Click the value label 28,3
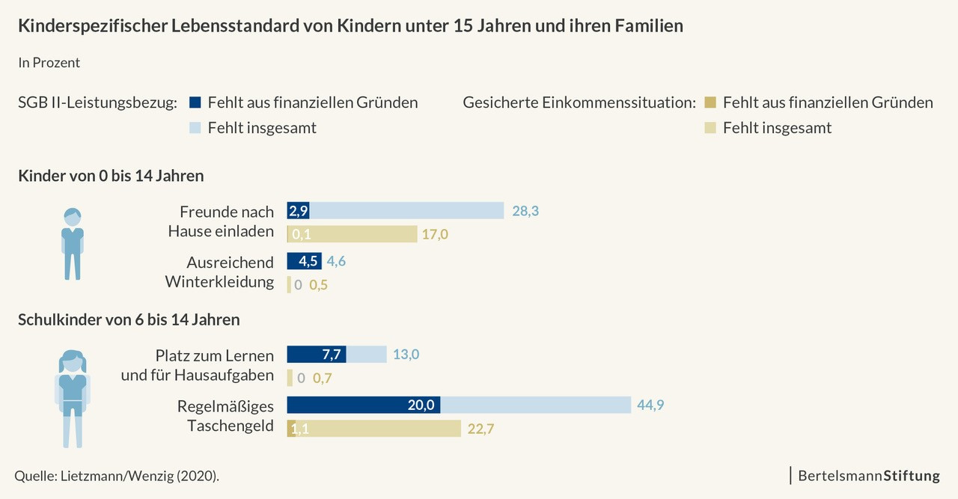(525, 211)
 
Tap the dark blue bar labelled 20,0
(364, 405)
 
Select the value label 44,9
(650, 405)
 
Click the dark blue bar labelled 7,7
(317, 354)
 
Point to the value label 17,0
(435, 234)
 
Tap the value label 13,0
(406, 354)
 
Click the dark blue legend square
(196, 102)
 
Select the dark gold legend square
(711, 102)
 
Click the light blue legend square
(196, 128)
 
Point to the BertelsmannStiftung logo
(869, 475)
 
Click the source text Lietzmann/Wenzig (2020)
(117, 476)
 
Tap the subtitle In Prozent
(49, 63)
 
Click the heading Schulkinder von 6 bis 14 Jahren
(129, 320)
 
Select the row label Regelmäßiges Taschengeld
(225, 416)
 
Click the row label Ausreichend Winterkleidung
(219, 272)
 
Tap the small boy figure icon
(73, 244)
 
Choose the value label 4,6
(335, 261)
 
